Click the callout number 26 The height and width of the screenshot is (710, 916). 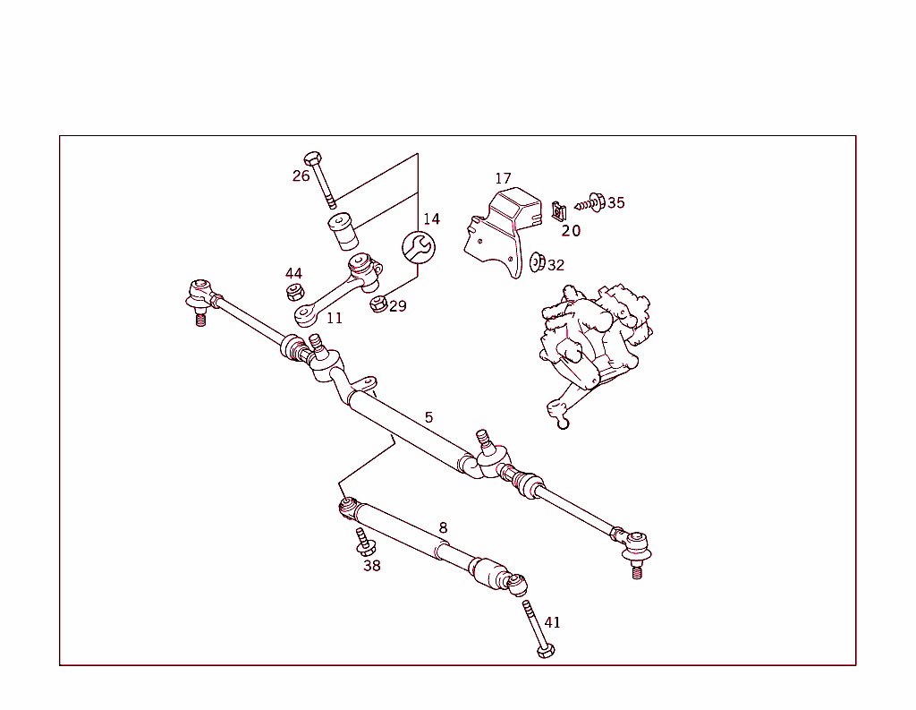point(301,175)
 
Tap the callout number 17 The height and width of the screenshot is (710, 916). point(503,179)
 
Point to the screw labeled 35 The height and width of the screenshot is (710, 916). point(591,203)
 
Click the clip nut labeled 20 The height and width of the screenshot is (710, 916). point(559,212)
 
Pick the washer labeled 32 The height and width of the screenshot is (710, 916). point(537,261)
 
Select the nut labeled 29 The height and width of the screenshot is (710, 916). point(378,304)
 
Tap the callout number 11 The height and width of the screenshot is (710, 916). point(334,318)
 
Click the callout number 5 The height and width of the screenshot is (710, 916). point(428,417)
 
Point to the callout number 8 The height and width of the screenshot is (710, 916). point(443,528)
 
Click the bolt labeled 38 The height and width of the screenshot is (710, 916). point(364,542)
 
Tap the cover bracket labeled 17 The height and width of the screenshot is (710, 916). point(505,224)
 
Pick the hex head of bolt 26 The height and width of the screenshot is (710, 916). point(311,158)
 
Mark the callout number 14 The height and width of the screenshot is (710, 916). point(431,219)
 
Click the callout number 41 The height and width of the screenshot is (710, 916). point(553,622)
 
